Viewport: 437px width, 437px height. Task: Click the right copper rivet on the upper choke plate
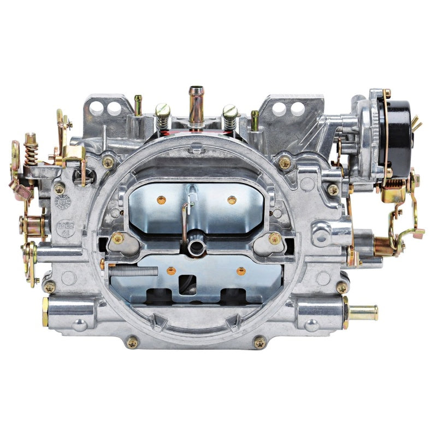(x=232, y=200)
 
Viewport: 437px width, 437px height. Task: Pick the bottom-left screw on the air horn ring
(x=132, y=342)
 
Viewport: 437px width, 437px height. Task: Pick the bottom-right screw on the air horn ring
(x=259, y=342)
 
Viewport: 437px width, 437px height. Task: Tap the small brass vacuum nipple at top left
(x=138, y=104)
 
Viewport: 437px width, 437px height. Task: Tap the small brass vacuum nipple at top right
(x=255, y=119)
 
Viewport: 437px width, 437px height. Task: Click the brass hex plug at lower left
(x=46, y=311)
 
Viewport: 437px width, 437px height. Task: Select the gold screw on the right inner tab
(x=275, y=238)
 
